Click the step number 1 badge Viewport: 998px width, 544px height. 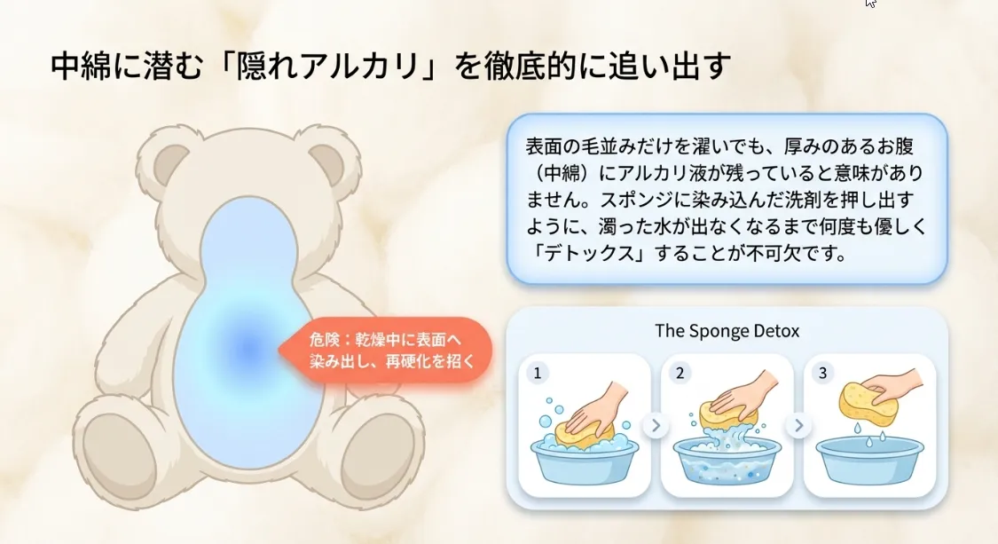pyautogui.click(x=536, y=373)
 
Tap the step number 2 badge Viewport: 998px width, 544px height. pyautogui.click(x=680, y=373)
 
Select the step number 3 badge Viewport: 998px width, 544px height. pyautogui.click(x=822, y=373)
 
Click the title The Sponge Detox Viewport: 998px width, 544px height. pyautogui.click(x=727, y=331)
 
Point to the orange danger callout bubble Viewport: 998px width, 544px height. pyautogui.click(x=386, y=351)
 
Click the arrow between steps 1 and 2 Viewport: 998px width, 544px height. pyautogui.click(x=656, y=426)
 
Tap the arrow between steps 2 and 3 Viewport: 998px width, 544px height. pyautogui.click(x=798, y=426)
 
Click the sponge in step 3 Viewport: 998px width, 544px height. pyautogui.click(x=868, y=404)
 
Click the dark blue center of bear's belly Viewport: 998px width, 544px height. pyautogui.click(x=244, y=349)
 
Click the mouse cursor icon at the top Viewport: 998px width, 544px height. pyautogui.click(x=871, y=4)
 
